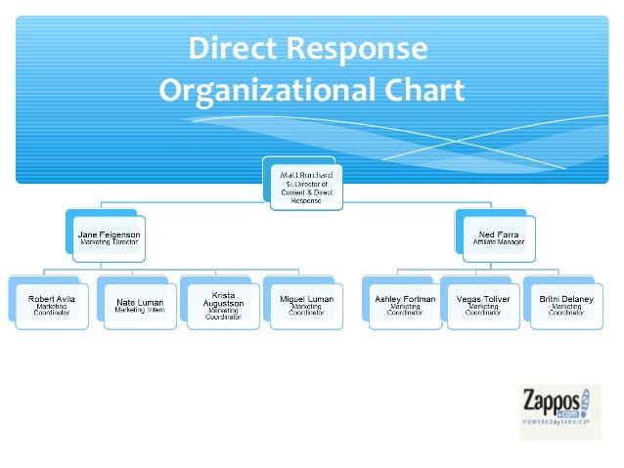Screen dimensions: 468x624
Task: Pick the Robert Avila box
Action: tap(51, 305)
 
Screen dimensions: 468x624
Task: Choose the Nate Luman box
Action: tap(139, 305)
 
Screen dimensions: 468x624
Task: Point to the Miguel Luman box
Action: tap(306, 305)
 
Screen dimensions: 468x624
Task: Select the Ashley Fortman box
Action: tap(404, 305)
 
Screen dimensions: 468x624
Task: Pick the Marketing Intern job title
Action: tap(139, 310)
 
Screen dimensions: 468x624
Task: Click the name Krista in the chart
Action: tap(223, 294)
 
